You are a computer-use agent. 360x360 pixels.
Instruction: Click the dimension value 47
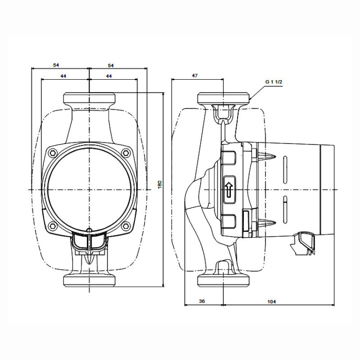click(x=194, y=76)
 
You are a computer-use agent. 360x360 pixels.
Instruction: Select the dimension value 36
click(x=202, y=301)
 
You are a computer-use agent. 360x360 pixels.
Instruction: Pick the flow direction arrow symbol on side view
click(x=229, y=189)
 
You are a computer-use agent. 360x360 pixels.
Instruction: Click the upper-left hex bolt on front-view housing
click(x=53, y=152)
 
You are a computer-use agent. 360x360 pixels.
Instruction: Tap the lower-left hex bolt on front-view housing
click(x=53, y=226)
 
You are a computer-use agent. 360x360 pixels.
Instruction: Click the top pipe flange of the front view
click(x=90, y=99)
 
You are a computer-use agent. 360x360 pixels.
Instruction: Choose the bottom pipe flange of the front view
click(x=90, y=280)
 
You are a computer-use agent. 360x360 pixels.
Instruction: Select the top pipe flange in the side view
click(x=224, y=99)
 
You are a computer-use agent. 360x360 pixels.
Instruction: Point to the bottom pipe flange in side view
click(x=224, y=280)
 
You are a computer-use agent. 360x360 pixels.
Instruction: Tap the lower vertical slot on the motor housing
click(x=285, y=211)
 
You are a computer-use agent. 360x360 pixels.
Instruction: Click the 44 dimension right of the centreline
click(x=109, y=76)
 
